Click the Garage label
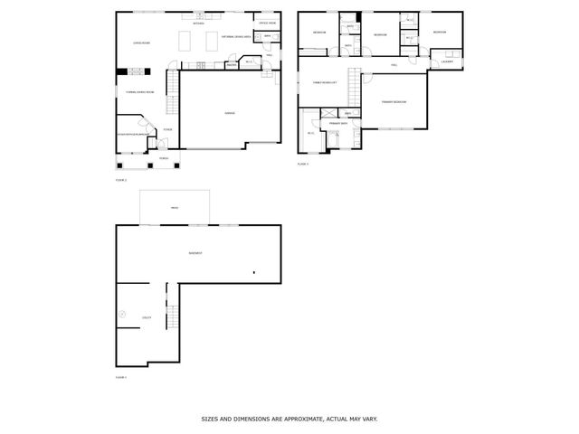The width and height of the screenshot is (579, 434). point(230,112)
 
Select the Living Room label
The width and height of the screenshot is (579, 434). point(140,42)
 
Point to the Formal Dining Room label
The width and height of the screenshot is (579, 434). point(140,92)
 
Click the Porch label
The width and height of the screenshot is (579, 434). point(164,158)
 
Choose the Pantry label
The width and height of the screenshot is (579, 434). point(231,64)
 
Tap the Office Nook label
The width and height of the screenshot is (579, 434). point(267,23)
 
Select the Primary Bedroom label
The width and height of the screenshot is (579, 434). point(393,102)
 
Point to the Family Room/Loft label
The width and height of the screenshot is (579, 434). point(325,82)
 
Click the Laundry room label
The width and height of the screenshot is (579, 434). point(446,61)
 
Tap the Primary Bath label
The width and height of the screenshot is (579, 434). point(339,123)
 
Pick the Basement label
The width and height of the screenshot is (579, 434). point(195,252)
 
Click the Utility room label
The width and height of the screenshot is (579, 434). point(147,318)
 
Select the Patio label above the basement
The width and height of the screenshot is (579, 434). point(174,207)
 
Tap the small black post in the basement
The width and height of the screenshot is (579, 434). point(254,271)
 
